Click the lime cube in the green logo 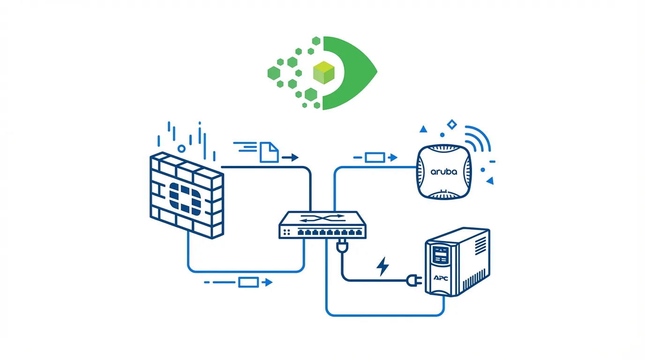[324, 73]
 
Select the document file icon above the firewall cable [269, 153]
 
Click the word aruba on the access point [443, 172]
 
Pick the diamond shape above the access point [451, 124]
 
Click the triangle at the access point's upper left [423, 128]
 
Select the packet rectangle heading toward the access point [375, 157]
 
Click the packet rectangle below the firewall [248, 282]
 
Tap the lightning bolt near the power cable [383, 266]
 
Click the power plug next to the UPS [415, 280]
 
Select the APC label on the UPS [441, 278]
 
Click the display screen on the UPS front [440, 255]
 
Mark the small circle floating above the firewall [181, 149]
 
